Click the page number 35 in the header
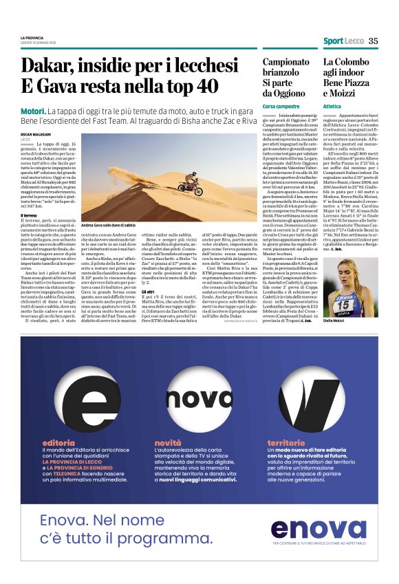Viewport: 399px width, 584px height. click(x=373, y=41)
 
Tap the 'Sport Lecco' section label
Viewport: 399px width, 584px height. click(x=343, y=41)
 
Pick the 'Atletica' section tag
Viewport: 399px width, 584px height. click(x=333, y=107)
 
